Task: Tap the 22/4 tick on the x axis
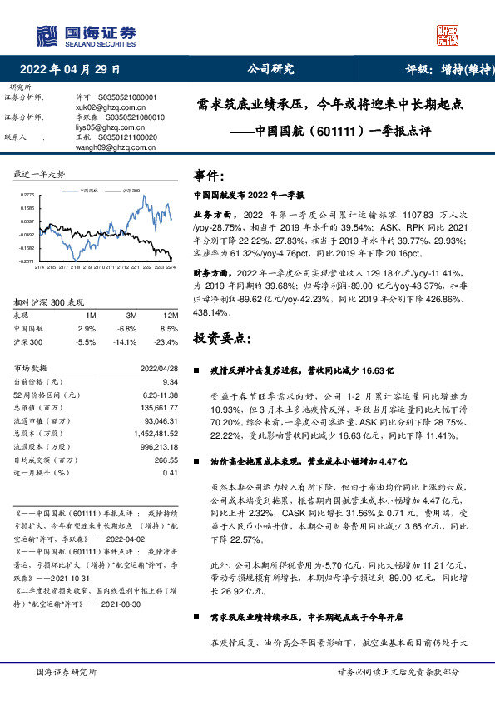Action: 170,267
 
